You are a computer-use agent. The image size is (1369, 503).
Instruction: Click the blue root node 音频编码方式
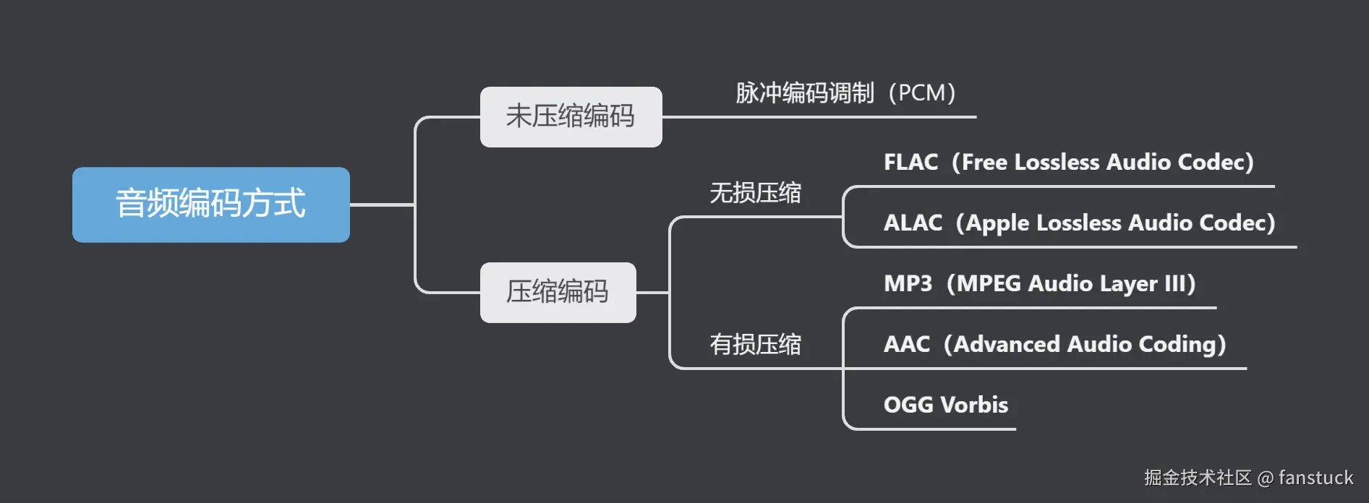click(x=210, y=205)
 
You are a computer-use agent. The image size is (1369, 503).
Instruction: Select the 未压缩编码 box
click(x=571, y=116)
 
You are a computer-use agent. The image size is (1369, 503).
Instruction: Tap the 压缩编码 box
click(x=558, y=292)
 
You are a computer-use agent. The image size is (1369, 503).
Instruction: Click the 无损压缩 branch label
click(x=755, y=193)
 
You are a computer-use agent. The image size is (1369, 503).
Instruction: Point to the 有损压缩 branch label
click(x=755, y=344)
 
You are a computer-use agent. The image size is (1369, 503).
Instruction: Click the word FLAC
click(x=910, y=162)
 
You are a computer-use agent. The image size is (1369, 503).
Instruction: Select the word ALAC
click(x=913, y=223)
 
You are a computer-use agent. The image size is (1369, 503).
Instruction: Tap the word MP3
click(x=908, y=283)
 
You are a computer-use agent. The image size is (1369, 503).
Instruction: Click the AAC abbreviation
click(x=907, y=344)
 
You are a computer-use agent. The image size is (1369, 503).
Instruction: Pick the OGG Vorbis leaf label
click(x=945, y=405)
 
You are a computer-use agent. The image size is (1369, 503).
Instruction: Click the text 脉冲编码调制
click(x=805, y=93)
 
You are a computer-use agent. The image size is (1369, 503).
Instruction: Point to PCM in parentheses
click(x=922, y=93)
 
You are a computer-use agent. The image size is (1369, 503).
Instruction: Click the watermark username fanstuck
click(x=1315, y=478)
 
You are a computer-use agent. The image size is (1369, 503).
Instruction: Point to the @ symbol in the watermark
click(x=1265, y=478)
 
